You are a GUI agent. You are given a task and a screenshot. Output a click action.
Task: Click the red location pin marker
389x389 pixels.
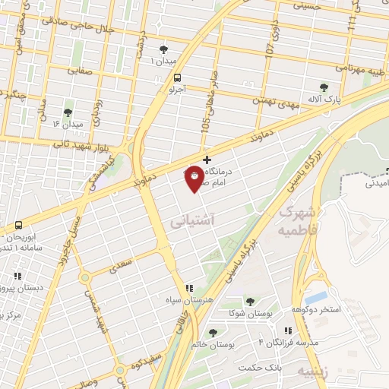pos(195,178)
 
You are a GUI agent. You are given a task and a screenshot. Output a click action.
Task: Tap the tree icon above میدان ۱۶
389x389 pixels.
pos(68,112)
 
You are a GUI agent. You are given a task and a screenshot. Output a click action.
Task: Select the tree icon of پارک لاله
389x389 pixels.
pos(324,87)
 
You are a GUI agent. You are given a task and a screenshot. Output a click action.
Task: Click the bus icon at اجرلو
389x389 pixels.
pos(177,77)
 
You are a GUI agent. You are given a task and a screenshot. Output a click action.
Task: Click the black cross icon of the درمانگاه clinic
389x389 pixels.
pos(207,159)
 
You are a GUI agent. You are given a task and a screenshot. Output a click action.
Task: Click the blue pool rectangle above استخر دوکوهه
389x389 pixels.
pos(318,296)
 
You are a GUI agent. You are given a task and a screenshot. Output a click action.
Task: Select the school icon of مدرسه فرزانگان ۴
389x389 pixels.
pos(287,330)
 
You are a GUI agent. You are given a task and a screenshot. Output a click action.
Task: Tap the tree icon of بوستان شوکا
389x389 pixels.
pos(250,302)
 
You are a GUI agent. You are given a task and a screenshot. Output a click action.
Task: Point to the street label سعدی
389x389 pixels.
pos(121,266)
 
